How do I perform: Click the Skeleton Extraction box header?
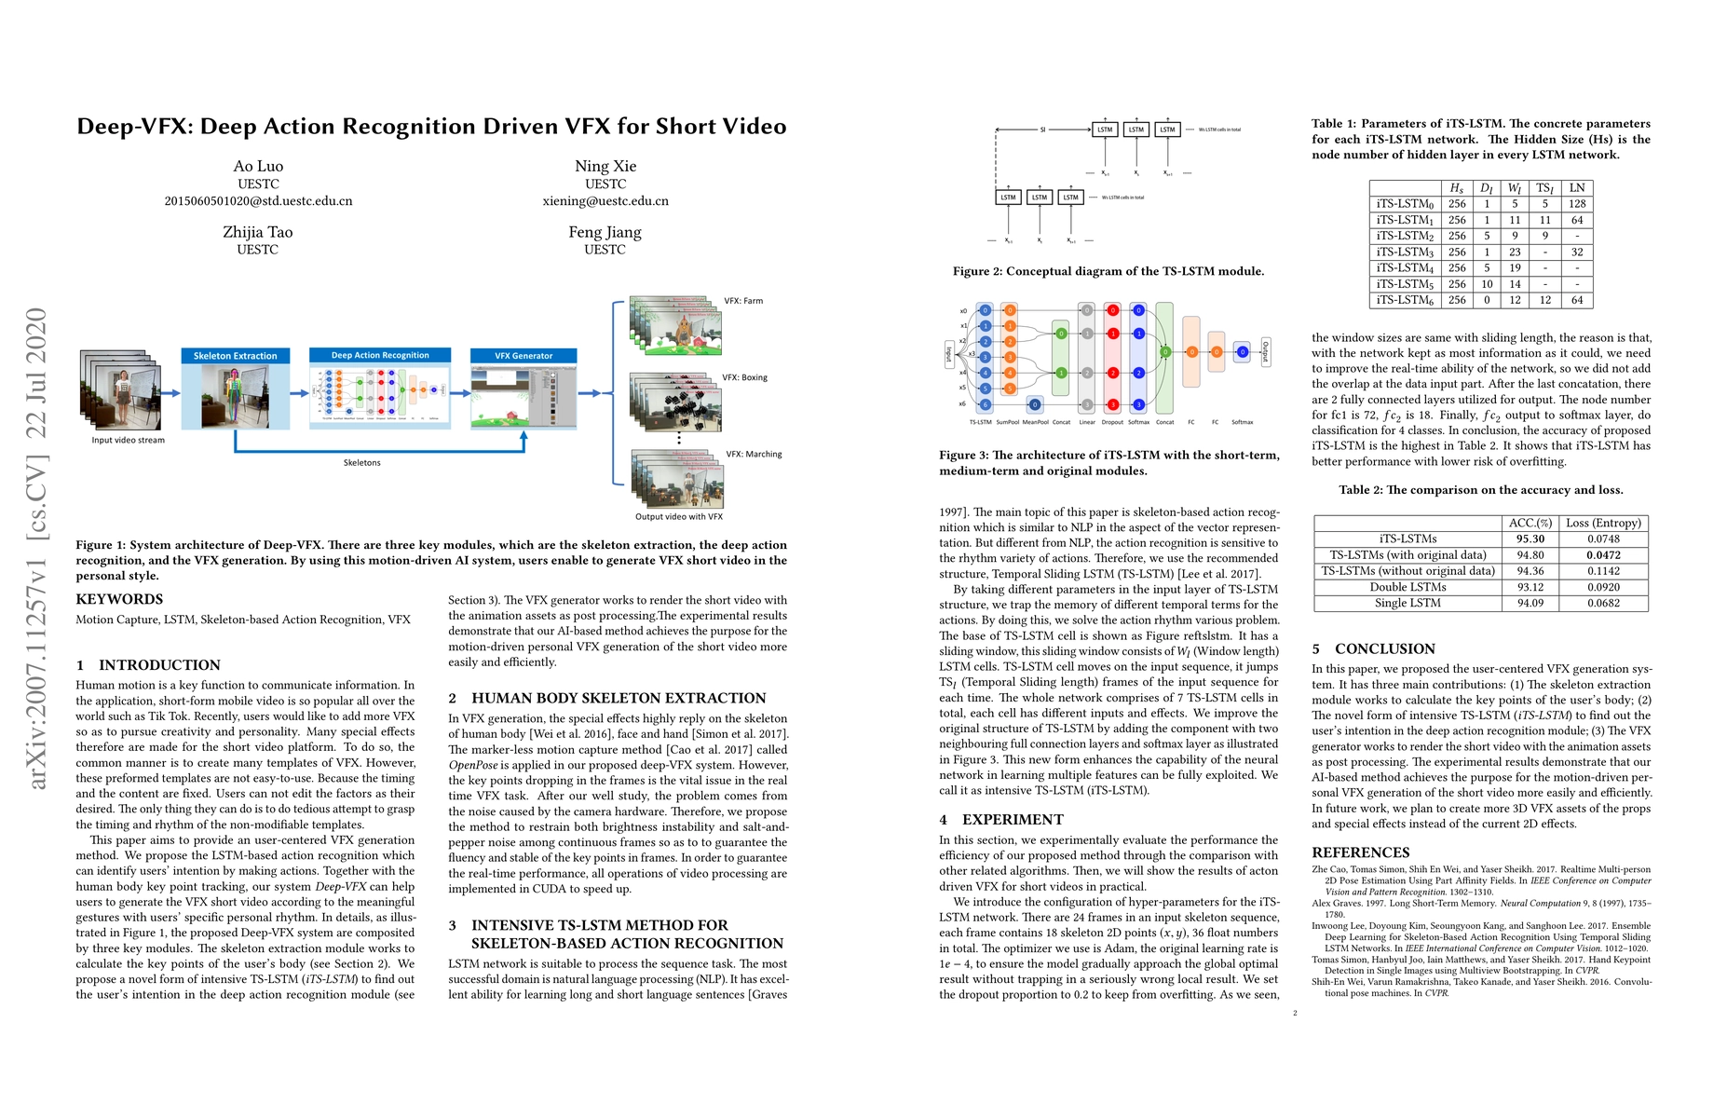pos(236,356)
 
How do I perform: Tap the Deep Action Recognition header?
pos(380,355)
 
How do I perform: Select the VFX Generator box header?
pos(524,356)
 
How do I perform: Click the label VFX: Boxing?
pos(744,377)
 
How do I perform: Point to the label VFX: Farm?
pos(743,301)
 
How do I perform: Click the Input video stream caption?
pos(128,440)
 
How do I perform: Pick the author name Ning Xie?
pos(605,166)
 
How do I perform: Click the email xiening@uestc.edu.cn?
pos(605,201)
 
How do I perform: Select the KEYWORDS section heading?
pos(119,599)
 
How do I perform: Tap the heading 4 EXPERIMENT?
pos(1001,819)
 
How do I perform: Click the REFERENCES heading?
pos(1360,852)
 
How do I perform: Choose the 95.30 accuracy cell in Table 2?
pos(1530,539)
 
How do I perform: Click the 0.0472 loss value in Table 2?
pos(1603,555)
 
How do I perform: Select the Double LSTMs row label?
pos(1407,587)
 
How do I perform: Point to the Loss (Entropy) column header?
pos(1603,523)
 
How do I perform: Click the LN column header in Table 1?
pos(1576,187)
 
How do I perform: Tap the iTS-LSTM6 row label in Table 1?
pos(1406,300)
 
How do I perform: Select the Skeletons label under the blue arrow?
pos(361,462)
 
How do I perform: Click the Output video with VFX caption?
pos(678,516)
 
